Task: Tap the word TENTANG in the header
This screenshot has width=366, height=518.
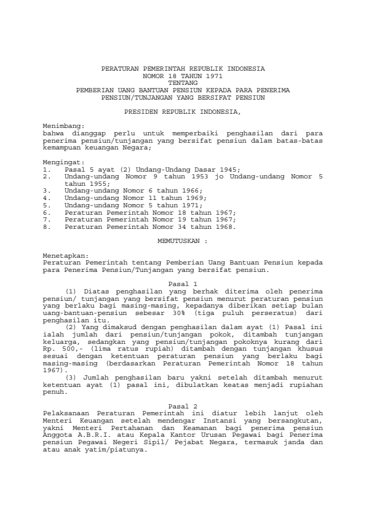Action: click(183, 81)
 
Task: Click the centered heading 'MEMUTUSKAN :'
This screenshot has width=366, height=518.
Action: click(183, 242)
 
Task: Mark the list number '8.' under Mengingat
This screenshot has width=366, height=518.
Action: click(46, 226)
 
